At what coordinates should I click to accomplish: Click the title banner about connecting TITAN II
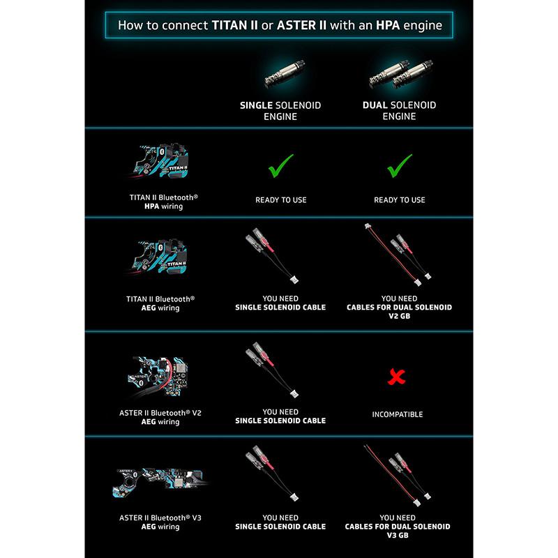(279, 27)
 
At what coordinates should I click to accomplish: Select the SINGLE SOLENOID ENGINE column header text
(280, 111)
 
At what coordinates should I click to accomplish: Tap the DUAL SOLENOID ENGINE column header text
(399, 111)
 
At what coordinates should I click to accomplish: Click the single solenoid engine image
(281, 72)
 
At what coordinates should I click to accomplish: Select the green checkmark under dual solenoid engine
(399, 167)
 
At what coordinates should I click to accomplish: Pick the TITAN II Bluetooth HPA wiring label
(163, 202)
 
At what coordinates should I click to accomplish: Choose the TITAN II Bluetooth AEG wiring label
(163, 303)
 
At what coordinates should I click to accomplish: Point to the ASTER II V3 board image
(160, 482)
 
